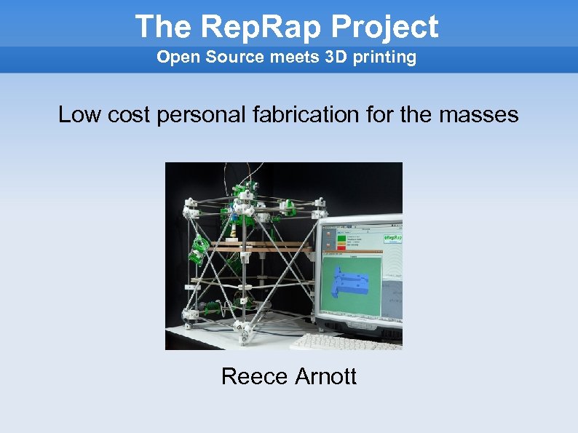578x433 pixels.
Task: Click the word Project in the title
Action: pos(385,27)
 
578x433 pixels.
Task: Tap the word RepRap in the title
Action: pos(261,27)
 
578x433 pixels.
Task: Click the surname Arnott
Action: pos(326,376)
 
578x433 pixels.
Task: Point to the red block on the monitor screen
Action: pos(341,247)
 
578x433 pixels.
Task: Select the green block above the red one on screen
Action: pos(341,238)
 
